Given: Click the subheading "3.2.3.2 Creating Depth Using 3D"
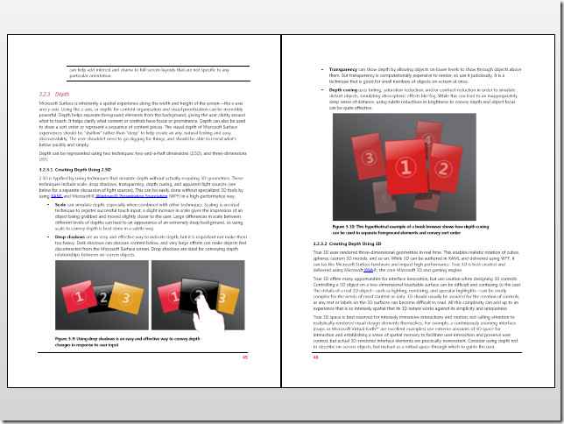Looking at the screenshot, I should click(350, 243).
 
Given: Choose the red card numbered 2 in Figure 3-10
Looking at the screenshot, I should click(454, 161).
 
